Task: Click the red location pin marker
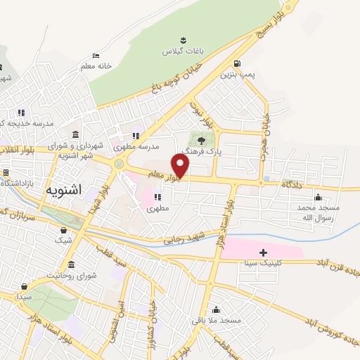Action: pyautogui.click(x=181, y=167)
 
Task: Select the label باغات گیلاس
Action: pyautogui.click(x=179, y=51)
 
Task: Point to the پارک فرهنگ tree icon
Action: pyautogui.click(x=202, y=139)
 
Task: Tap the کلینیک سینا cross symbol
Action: pyautogui.click(x=263, y=252)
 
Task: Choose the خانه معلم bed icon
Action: pyautogui.click(x=96, y=56)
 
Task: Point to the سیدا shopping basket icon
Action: pyautogui.click(x=25, y=285)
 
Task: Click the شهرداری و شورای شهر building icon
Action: pyautogui.click(x=75, y=134)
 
